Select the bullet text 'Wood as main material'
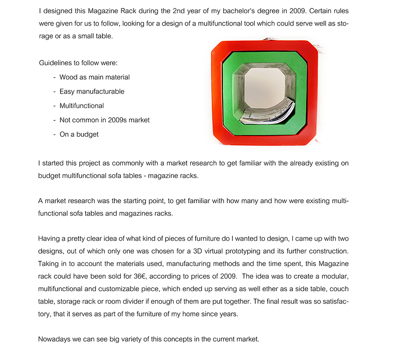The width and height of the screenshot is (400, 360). click(x=94, y=77)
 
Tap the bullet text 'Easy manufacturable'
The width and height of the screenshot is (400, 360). click(x=92, y=92)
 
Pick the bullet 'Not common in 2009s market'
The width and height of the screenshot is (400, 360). click(x=104, y=120)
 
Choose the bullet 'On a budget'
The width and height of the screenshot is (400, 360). click(x=79, y=134)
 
